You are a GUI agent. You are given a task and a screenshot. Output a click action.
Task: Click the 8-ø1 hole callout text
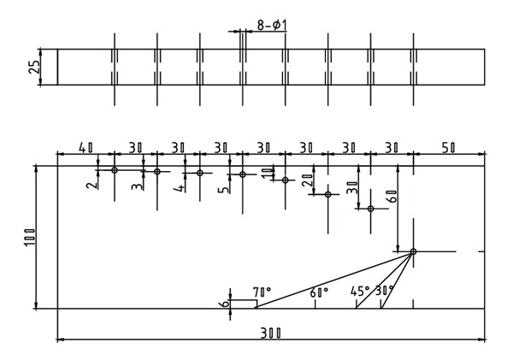[x=272, y=25]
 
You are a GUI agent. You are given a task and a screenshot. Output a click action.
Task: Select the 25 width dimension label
[x=35, y=67]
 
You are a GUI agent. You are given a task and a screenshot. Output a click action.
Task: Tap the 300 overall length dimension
[x=270, y=333]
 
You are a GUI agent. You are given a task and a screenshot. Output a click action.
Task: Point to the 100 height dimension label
[x=30, y=238]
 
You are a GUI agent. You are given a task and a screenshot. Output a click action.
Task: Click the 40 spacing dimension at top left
[x=86, y=148]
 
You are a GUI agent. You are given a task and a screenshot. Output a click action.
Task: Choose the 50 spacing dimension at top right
[x=448, y=148]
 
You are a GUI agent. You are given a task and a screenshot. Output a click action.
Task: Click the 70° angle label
[x=262, y=291]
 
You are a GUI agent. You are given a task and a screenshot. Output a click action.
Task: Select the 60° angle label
[x=319, y=292]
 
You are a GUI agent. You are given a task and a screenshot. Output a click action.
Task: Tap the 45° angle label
[x=360, y=291]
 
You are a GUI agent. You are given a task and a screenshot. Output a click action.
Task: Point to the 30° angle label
[x=385, y=290]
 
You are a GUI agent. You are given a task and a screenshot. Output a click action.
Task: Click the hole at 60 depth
[x=413, y=251]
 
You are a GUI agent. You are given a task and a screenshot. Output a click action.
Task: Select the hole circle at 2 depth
[x=115, y=170]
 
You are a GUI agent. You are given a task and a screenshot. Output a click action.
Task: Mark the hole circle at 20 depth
[x=328, y=194]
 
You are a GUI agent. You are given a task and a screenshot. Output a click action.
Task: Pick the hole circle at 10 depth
[x=286, y=180]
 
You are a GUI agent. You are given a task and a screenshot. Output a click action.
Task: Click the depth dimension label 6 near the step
[x=225, y=304]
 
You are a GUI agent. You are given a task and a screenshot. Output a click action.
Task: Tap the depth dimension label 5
[x=225, y=190]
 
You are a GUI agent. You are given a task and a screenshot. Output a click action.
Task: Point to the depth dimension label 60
[x=392, y=196]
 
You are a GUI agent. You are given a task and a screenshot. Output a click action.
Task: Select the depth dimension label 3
[x=138, y=186]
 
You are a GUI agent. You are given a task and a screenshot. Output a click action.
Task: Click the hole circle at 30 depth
[x=371, y=209]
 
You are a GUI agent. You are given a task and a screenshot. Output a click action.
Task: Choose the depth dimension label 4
[x=180, y=188]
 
